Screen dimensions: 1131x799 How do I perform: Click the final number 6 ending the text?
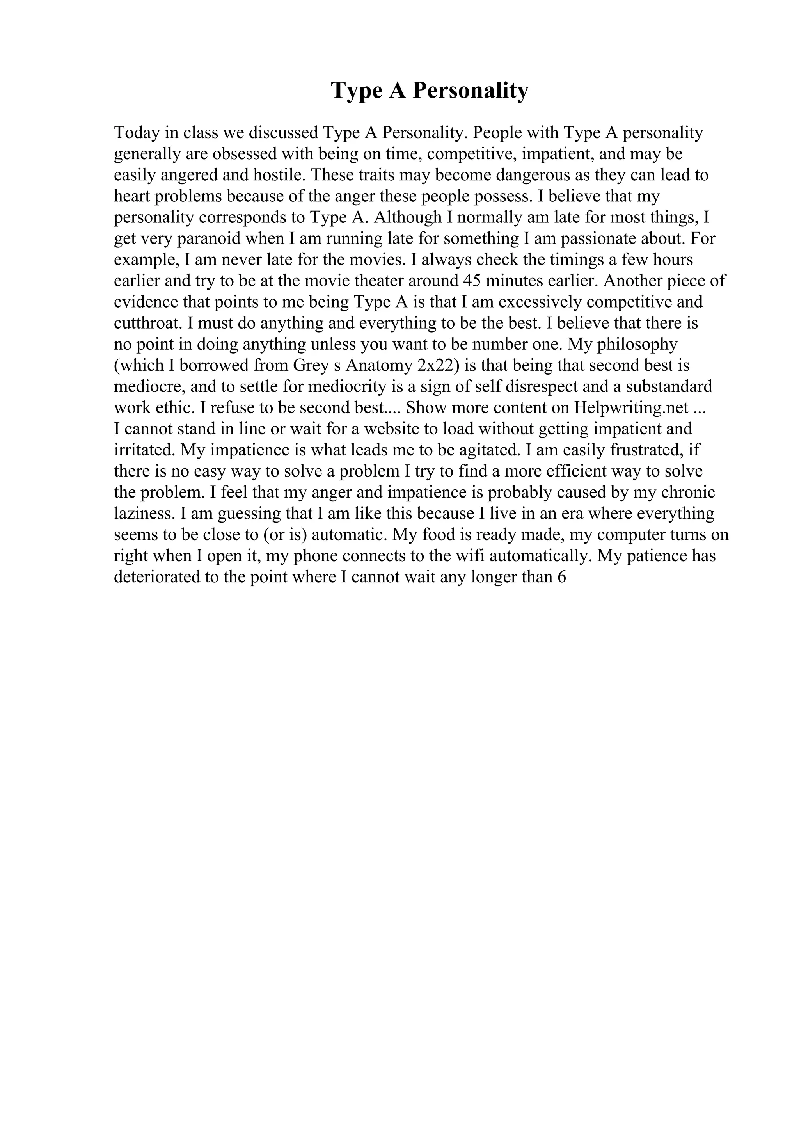(x=561, y=577)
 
